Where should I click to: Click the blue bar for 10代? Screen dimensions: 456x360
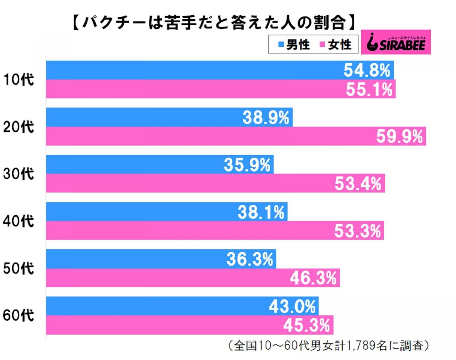[220, 70]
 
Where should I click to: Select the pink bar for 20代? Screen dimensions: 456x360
[236, 136]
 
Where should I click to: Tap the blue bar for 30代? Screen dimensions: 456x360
[160, 164]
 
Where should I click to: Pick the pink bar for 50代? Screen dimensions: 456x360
[193, 278]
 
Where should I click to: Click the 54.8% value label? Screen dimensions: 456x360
[367, 70]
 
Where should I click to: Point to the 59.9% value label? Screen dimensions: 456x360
[400, 137]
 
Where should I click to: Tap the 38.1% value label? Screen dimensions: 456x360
[261, 212]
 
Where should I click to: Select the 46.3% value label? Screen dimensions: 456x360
[313, 278]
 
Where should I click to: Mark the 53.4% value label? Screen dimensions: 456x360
[358, 183]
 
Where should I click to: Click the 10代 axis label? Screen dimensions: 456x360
[19, 80]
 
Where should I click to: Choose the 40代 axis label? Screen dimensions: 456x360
[19, 221]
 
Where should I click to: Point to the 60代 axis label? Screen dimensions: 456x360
[19, 316]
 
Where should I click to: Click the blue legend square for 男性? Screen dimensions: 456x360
[281, 44]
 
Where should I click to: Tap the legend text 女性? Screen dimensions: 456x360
[340, 45]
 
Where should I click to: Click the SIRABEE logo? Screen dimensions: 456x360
[396, 42]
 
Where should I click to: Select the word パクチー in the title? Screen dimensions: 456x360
[114, 23]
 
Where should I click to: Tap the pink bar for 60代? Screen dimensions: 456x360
[190, 325]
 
